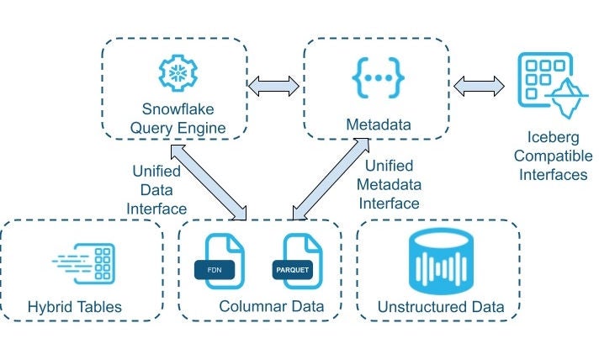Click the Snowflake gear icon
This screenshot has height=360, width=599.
[x=177, y=74]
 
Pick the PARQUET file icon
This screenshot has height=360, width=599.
[x=296, y=262]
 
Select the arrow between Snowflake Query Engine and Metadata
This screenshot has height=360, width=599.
[x=275, y=84]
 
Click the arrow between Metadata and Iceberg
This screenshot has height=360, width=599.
[x=479, y=84]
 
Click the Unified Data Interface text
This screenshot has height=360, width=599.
[x=156, y=189]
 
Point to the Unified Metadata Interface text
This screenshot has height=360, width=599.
[x=388, y=183]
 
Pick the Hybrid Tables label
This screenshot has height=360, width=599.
[x=75, y=307]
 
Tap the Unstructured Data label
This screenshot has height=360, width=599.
[x=441, y=307]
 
